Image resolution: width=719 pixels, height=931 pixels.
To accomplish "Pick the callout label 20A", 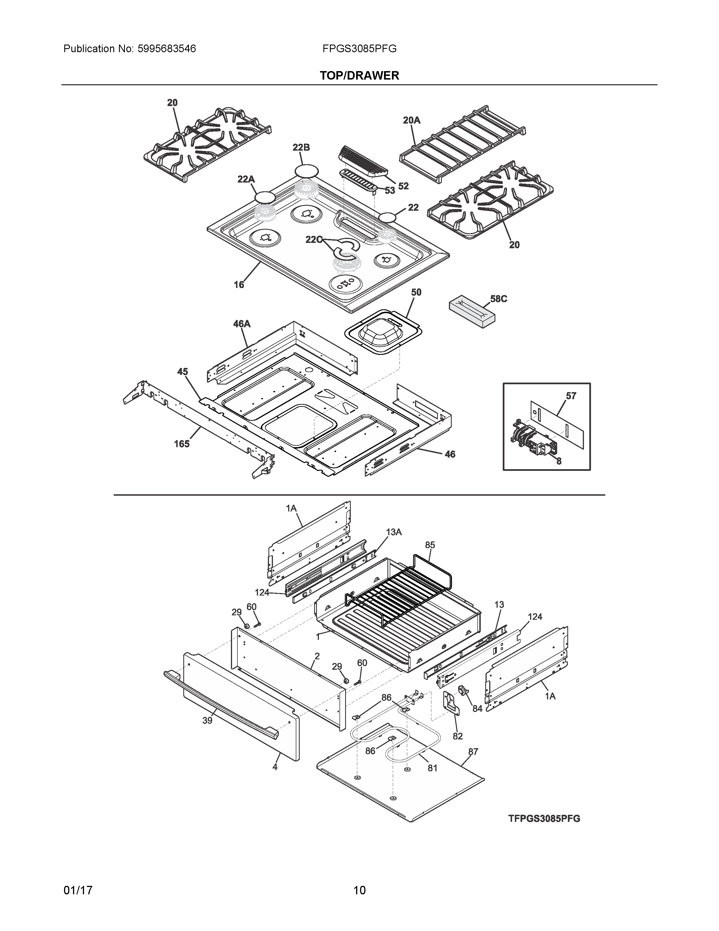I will pyautogui.click(x=411, y=120).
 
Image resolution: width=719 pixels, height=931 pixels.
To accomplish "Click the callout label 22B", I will pyautogui.click(x=301, y=148).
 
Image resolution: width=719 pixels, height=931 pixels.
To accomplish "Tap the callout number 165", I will pyautogui.click(x=182, y=444).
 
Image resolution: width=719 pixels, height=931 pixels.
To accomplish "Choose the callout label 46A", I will pyautogui.click(x=242, y=324).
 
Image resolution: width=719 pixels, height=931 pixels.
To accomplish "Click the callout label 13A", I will pyautogui.click(x=394, y=532).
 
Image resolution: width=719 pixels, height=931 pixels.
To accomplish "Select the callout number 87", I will pyautogui.click(x=473, y=752).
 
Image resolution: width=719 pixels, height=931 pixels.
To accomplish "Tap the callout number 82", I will pyautogui.click(x=457, y=736).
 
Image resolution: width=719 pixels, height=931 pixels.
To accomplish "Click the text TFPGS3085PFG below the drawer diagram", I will pyautogui.click(x=544, y=818).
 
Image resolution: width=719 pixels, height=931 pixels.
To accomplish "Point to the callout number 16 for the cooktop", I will pyautogui.click(x=239, y=284).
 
